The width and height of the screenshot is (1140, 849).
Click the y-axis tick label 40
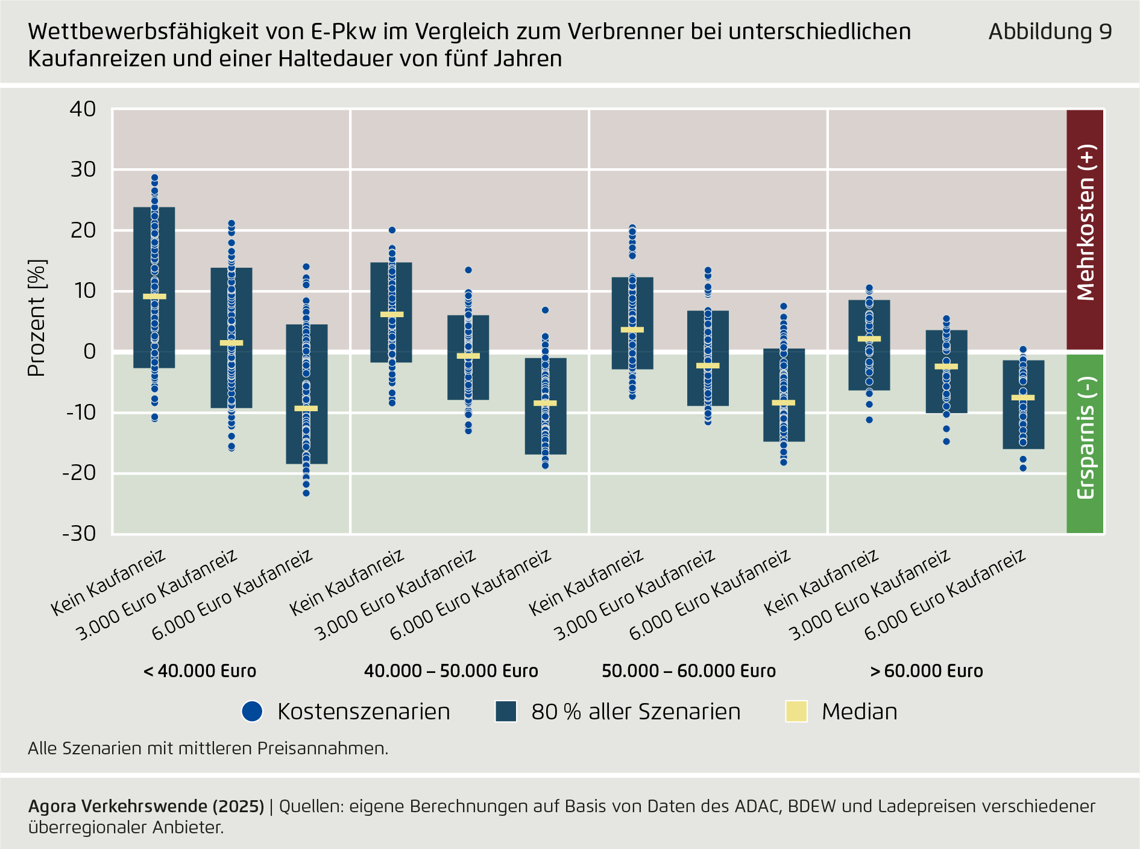tap(83, 109)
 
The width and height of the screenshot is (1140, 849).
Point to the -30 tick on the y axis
tap(79, 534)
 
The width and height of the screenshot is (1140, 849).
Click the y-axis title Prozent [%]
tap(37, 318)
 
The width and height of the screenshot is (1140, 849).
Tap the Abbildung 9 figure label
tap(1050, 32)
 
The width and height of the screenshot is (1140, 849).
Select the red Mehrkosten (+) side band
tap(1085, 229)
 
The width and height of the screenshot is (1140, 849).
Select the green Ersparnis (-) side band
tap(1085, 443)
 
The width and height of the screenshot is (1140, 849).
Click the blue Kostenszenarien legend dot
tap(252, 712)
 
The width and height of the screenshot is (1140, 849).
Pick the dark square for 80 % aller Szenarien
tap(506, 712)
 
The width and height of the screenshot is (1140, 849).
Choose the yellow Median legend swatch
tap(796, 712)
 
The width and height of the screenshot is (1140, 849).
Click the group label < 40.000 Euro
tap(200, 671)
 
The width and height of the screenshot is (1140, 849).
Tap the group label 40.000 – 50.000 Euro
tap(451, 671)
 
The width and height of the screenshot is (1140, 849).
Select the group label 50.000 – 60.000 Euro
tap(688, 671)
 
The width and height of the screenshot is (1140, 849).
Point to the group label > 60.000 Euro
tap(927, 671)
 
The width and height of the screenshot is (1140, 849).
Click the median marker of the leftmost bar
tap(154, 297)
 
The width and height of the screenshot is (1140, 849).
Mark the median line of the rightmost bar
tap(1023, 397)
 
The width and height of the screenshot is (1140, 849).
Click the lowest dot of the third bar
tap(306, 493)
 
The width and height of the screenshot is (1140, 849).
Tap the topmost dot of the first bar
tap(154, 178)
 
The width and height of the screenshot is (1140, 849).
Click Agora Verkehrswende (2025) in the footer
tap(146, 806)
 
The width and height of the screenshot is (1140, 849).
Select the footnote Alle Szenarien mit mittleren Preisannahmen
tap(208, 748)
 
